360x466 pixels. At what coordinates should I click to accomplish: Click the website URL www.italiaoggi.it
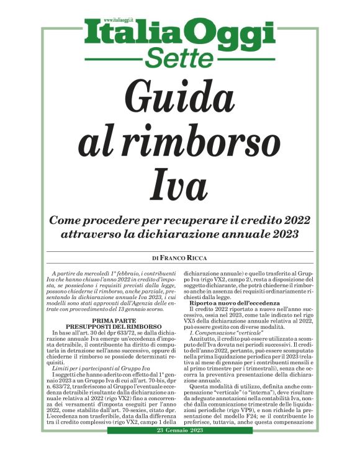(x=122, y=20)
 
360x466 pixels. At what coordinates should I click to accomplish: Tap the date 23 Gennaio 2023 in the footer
(x=180, y=448)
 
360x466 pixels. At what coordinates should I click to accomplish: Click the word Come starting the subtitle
(x=66, y=220)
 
